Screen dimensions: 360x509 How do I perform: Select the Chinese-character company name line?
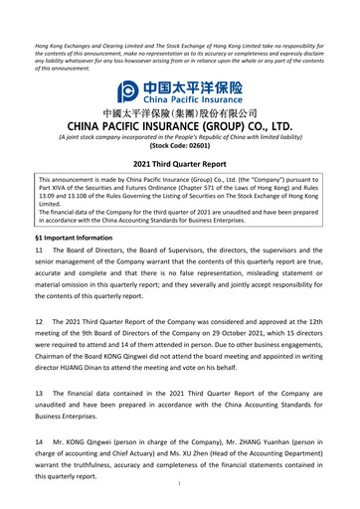point(180,113)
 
